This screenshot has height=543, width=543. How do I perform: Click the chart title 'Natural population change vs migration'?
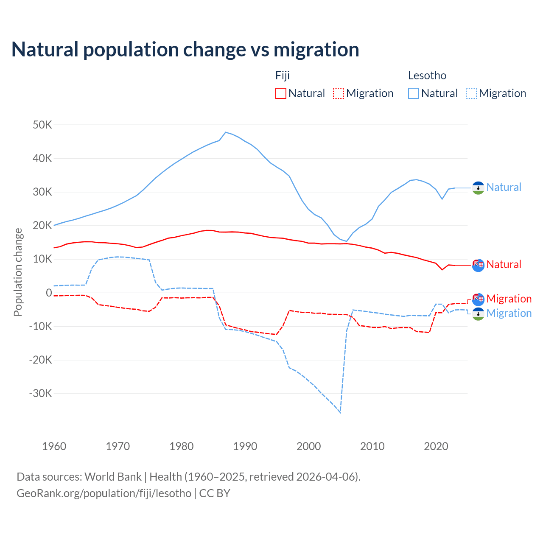click(185, 49)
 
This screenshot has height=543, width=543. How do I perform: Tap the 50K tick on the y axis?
click(42, 125)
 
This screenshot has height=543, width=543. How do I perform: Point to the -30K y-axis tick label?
click(41, 393)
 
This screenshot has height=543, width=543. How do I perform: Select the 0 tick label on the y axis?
click(49, 293)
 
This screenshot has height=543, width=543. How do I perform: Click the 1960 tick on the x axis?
click(54, 446)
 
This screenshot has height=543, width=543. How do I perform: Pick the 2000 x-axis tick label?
click(309, 446)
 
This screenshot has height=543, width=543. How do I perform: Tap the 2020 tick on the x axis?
click(436, 446)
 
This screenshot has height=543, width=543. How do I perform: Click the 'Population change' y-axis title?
click(18, 272)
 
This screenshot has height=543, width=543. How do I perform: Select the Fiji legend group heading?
click(283, 76)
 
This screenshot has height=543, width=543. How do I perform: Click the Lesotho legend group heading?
click(427, 76)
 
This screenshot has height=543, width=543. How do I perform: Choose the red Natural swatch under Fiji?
click(281, 93)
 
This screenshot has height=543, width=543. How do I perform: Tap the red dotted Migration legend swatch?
click(339, 93)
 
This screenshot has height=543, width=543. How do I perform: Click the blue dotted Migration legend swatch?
click(471, 93)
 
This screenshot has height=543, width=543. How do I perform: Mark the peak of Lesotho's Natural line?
click(226, 132)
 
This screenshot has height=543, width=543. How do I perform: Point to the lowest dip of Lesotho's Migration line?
click(340, 412)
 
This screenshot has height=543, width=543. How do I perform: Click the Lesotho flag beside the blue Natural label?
click(478, 188)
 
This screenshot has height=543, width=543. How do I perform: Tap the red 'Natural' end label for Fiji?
click(504, 264)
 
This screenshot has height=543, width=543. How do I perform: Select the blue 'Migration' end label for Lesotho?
click(509, 313)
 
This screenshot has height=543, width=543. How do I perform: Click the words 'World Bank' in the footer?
click(113, 476)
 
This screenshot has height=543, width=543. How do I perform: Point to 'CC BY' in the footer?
click(215, 493)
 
